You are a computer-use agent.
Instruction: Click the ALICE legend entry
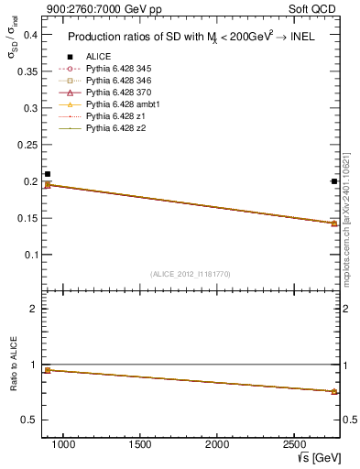[x=98, y=57]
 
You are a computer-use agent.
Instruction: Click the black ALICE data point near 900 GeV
[x=48, y=174]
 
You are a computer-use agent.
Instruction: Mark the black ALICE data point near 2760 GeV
[x=334, y=181]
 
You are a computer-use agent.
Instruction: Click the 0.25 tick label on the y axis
[x=27, y=145]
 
